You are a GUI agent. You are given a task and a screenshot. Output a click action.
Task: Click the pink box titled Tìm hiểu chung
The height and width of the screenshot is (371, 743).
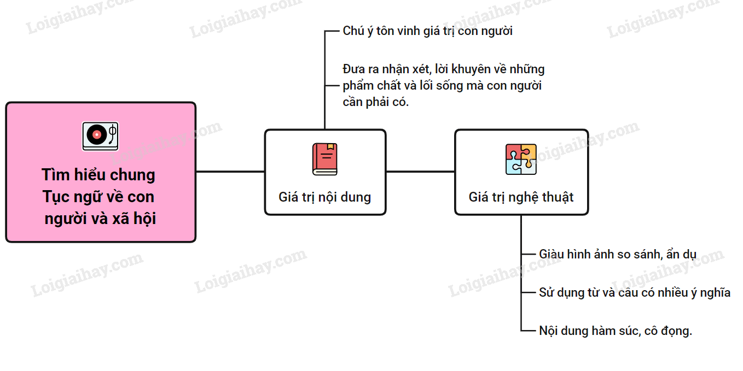(x=101, y=172)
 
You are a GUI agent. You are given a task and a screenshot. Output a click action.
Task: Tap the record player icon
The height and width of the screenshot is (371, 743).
(x=100, y=136)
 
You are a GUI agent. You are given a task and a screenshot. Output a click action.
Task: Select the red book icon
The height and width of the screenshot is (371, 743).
(x=325, y=159)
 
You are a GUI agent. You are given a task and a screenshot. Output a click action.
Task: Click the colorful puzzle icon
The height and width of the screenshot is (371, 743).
(x=521, y=159)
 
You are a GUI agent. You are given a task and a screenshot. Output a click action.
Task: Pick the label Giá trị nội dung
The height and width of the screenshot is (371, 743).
(x=324, y=197)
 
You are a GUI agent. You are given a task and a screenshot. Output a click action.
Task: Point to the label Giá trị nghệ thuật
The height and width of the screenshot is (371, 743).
(x=521, y=197)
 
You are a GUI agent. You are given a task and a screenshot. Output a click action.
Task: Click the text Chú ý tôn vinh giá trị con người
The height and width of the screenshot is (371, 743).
(x=427, y=31)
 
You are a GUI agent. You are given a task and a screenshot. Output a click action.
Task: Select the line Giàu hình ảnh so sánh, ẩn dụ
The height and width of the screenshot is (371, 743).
(x=617, y=254)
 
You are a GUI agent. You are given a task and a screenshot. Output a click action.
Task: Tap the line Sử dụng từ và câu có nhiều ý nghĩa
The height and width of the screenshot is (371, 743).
(x=634, y=292)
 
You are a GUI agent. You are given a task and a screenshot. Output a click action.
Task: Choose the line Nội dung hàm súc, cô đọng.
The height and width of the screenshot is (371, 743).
(x=615, y=331)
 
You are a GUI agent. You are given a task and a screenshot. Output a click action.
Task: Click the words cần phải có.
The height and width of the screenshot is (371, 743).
(x=375, y=102)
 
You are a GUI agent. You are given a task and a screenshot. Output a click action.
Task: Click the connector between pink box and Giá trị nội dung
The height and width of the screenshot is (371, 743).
(x=230, y=172)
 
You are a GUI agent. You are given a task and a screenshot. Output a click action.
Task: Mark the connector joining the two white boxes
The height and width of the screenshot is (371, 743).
(x=420, y=172)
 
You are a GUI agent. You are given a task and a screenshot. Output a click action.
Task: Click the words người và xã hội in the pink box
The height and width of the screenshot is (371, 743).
(x=101, y=219)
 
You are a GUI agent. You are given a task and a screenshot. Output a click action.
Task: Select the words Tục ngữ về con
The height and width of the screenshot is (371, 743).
(x=98, y=197)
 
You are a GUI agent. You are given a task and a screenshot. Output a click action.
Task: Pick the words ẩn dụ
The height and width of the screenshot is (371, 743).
(x=681, y=254)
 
